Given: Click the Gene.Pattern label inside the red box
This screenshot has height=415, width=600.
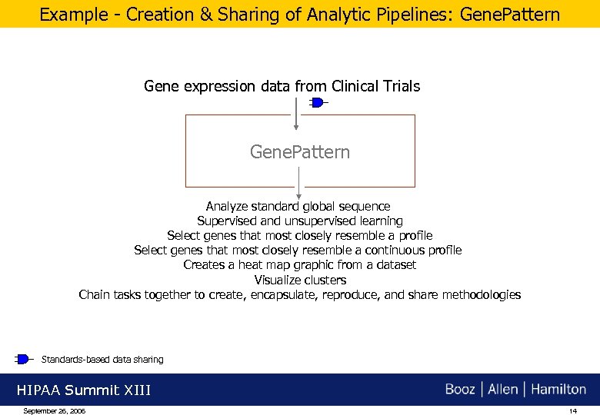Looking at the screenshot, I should coord(299,152).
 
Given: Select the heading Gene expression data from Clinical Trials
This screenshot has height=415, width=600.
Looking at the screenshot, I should coord(282,86).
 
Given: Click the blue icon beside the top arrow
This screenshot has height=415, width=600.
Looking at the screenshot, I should coord(317,102).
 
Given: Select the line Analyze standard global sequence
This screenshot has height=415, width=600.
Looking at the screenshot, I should coord(298,206).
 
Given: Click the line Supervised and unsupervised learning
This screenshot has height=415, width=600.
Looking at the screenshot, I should coord(299,221).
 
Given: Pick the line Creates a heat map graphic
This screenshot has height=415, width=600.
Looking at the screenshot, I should coord(299,264).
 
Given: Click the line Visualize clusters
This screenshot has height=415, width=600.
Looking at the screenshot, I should coord(300,280).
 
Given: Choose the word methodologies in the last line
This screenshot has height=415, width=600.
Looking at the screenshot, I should coord(481,294).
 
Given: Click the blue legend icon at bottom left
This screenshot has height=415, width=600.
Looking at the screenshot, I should coord(22,359).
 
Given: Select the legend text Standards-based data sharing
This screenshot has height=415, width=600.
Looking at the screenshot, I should coord(102,359).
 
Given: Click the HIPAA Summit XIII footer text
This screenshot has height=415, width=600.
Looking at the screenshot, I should coord(84,390).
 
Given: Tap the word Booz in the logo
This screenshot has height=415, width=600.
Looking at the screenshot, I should coord(460,389).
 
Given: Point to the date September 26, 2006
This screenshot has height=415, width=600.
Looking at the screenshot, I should coord(55,411).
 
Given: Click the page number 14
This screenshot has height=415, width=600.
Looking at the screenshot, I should coord(572,411).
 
